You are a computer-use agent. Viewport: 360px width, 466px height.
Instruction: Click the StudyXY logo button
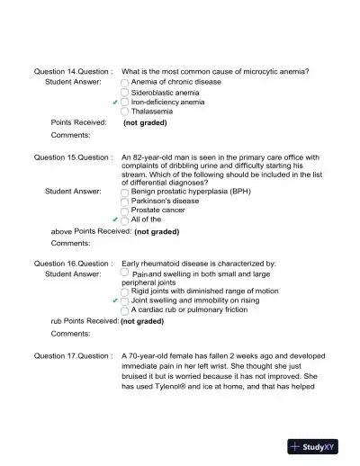coord(319,445)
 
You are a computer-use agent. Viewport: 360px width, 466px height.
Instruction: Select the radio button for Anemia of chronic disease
coord(125,82)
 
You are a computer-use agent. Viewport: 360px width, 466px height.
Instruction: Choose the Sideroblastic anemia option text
coord(166,92)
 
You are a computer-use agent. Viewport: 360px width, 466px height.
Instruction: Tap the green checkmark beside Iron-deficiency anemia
coord(115,103)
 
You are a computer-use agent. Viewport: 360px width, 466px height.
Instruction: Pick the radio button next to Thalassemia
coord(125,112)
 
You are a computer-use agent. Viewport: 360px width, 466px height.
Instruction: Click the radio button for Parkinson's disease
coord(125,201)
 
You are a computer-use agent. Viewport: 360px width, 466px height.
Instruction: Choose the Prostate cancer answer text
coord(158,210)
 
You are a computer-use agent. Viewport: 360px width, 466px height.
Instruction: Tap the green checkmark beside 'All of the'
coord(115,220)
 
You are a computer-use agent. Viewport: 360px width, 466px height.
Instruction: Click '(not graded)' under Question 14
coord(145,123)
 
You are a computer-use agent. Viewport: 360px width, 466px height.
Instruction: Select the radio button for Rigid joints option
coord(125,291)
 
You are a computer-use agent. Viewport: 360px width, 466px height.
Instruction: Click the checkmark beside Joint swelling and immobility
coord(115,301)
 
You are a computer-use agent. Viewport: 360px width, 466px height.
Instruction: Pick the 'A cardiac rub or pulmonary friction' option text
coord(189,309)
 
